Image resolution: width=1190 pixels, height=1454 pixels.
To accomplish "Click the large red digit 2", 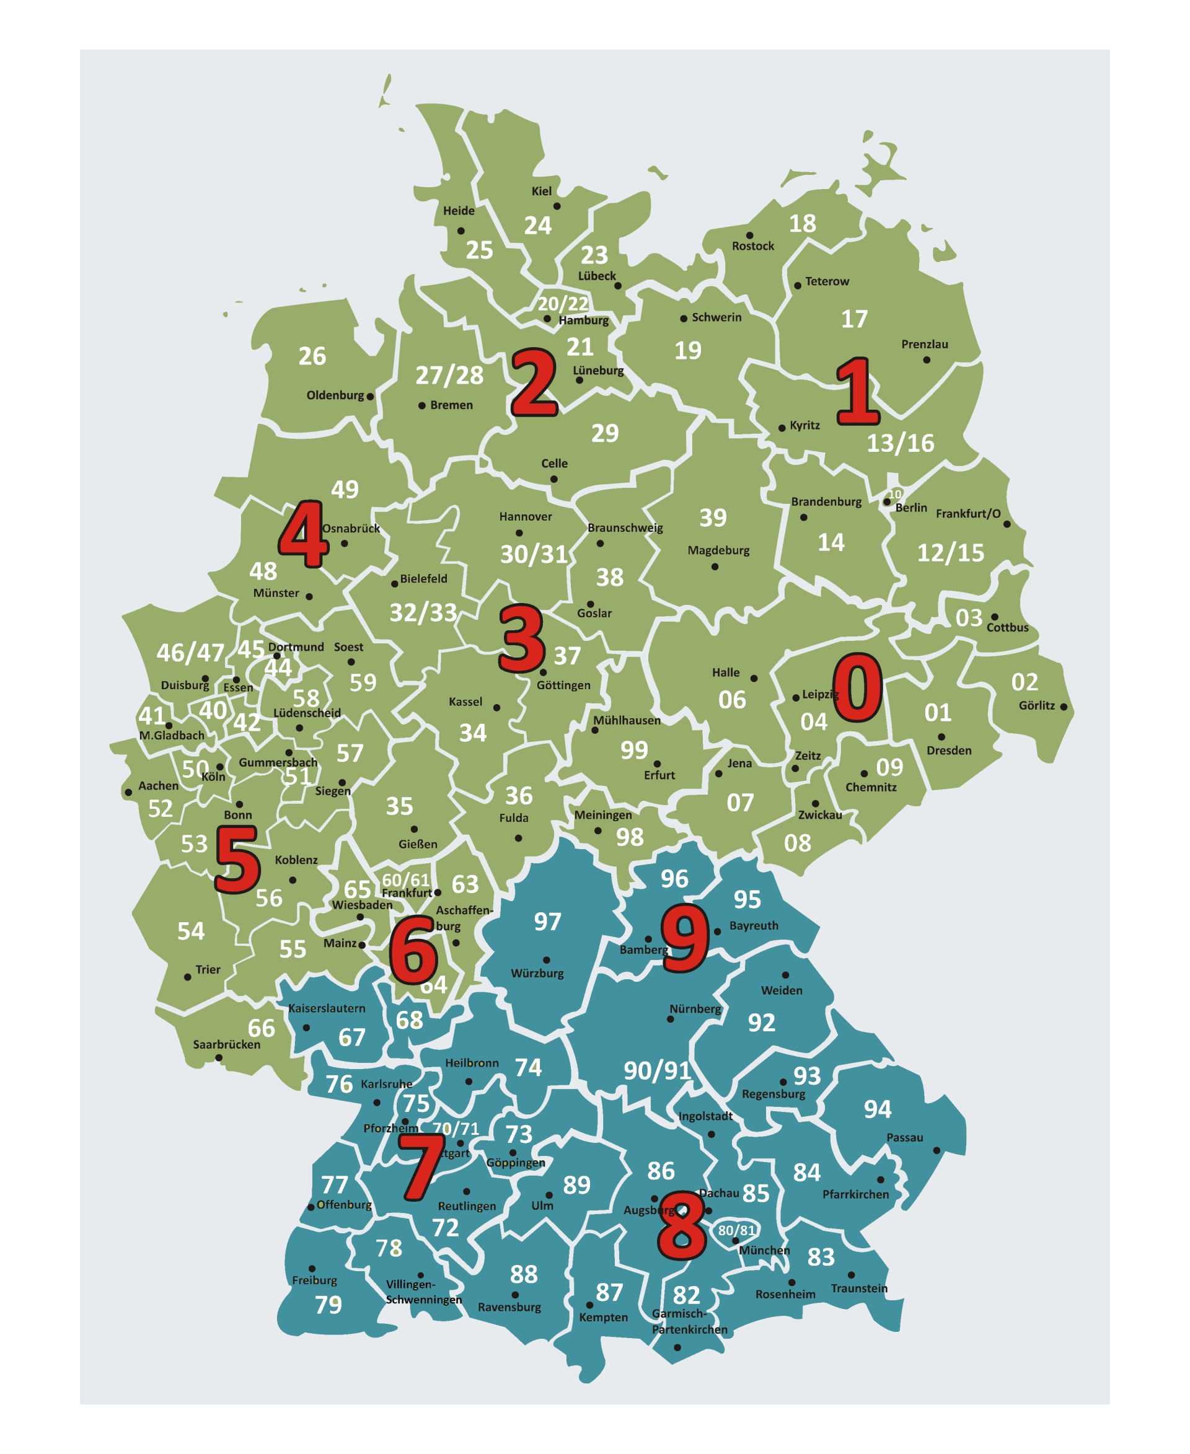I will [x=533, y=382].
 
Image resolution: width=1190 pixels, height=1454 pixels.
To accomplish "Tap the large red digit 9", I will [x=684, y=937].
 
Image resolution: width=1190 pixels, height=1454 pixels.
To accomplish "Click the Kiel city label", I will [x=541, y=192].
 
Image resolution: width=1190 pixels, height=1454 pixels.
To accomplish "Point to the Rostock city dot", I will [x=749, y=235].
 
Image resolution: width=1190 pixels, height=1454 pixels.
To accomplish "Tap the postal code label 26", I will [x=312, y=356].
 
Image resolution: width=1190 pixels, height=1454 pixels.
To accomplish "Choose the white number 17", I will [x=854, y=319].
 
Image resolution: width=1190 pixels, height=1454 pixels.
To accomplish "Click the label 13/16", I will [x=900, y=443].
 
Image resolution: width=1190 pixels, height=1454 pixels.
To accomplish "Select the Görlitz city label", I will [x=1036, y=705].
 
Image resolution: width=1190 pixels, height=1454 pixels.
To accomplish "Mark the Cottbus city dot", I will [x=994, y=617].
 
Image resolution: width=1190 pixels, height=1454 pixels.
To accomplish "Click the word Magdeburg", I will [x=718, y=550].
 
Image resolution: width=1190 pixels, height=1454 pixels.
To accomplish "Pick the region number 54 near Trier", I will [x=190, y=931].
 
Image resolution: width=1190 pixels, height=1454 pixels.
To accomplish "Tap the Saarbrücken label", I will [x=226, y=1044].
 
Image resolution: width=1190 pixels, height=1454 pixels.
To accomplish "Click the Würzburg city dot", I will [x=546, y=960].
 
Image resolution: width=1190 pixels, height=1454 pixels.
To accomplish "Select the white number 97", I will [x=547, y=922].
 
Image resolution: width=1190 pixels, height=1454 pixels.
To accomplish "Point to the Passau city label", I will [x=904, y=1137].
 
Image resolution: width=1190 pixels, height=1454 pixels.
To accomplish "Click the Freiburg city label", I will [x=314, y=1280].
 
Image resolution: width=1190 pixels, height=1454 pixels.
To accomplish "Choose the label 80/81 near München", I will [x=736, y=1230].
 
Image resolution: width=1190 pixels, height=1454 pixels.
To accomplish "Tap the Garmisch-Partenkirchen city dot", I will [x=677, y=1347].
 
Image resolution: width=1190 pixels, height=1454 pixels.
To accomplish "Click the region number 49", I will [x=345, y=489].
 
